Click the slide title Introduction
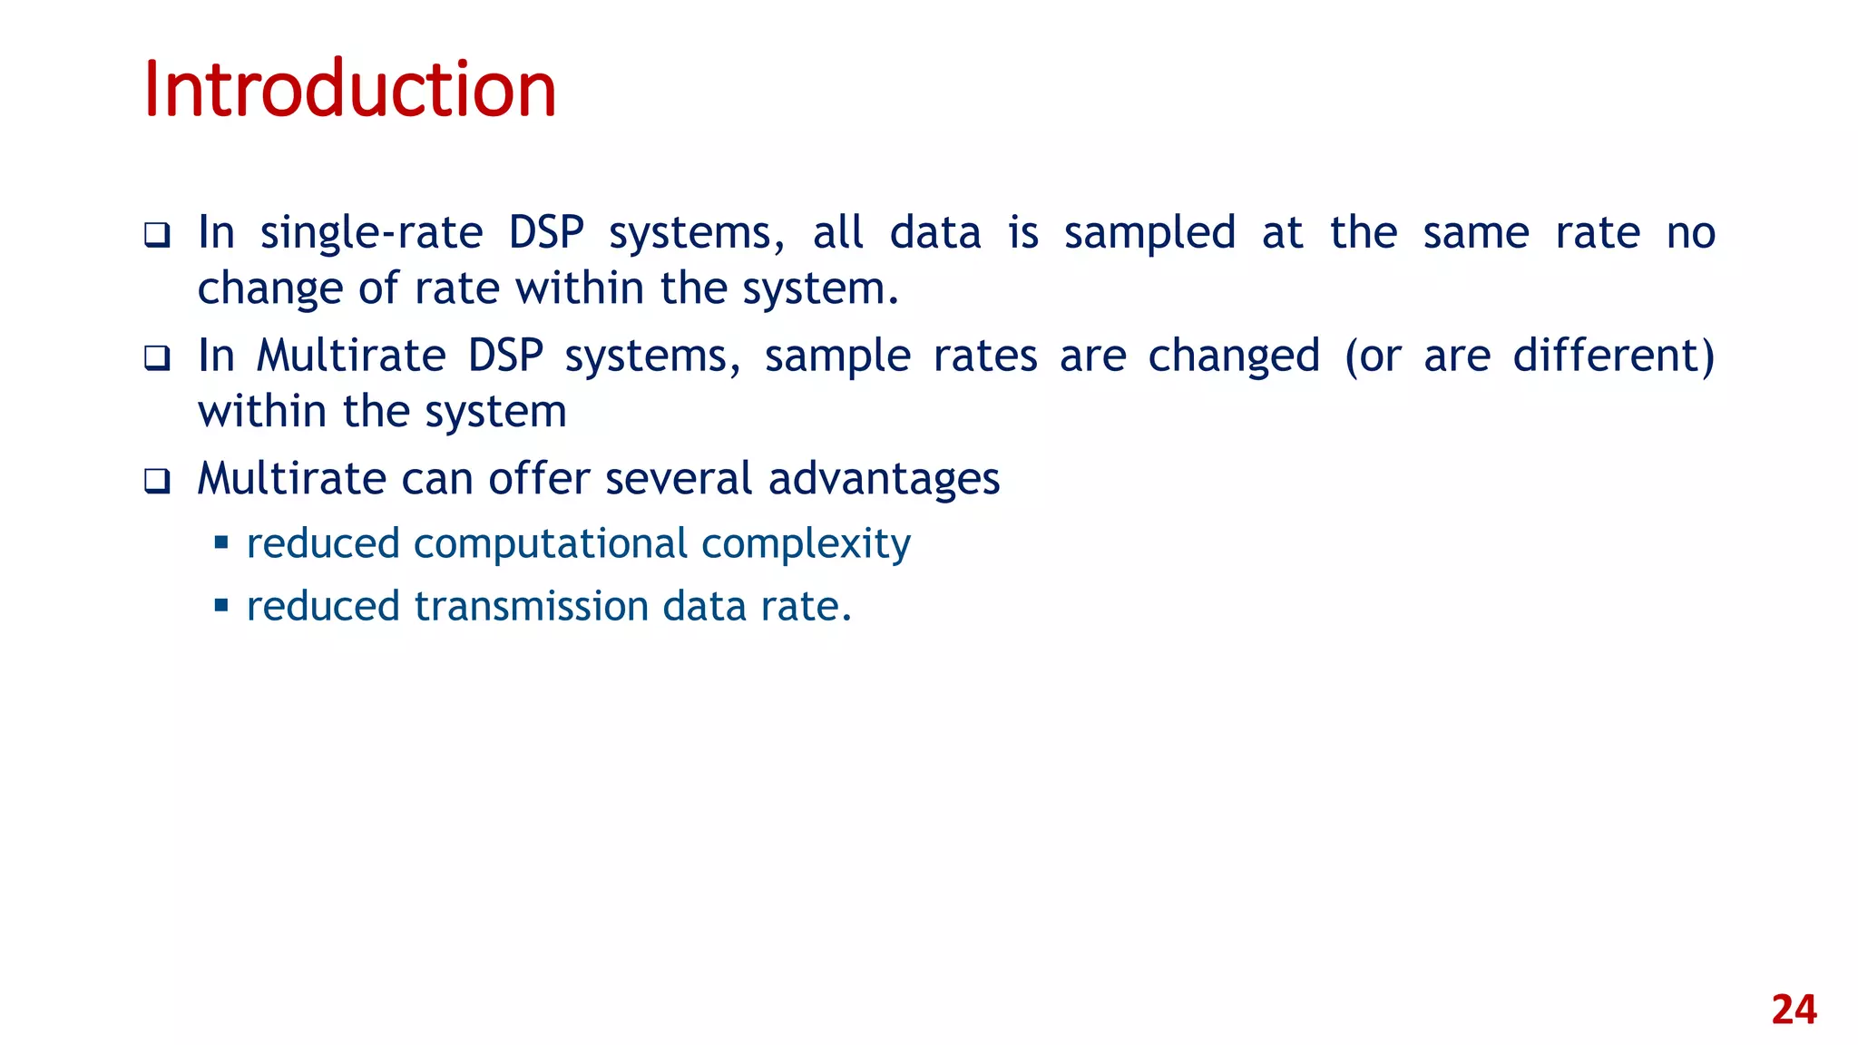coord(349,89)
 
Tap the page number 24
coord(1794,1010)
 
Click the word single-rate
coord(371,233)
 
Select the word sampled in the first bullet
coord(1149,233)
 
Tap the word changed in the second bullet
coord(1233,356)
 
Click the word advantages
coord(884,479)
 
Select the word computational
coord(550,544)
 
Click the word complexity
coord(806,544)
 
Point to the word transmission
coord(531,606)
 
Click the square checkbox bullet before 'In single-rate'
coord(157,236)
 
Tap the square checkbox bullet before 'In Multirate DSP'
coord(157,358)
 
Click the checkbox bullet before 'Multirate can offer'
coord(157,481)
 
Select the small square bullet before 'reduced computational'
coord(220,543)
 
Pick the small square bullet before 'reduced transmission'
coord(220,605)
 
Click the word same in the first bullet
coord(1475,233)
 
